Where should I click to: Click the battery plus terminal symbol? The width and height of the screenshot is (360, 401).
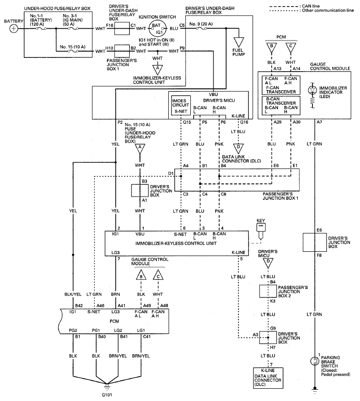point(14,28)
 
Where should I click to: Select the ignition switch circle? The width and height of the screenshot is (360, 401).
point(158,28)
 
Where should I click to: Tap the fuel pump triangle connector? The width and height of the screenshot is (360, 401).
point(238,42)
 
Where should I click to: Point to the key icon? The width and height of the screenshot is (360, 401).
point(261,231)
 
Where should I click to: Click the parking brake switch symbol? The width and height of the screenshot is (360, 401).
point(314,361)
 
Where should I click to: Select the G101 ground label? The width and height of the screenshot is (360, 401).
point(107,394)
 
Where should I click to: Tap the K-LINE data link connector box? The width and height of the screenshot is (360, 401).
point(268,378)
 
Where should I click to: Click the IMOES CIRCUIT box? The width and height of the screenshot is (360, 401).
point(181,106)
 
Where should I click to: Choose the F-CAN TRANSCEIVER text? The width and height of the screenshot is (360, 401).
point(281,89)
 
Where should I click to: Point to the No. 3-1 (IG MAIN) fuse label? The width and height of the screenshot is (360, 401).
point(73,20)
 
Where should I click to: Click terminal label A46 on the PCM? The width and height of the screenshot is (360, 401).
point(100,305)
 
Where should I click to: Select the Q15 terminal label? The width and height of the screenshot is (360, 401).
point(187,122)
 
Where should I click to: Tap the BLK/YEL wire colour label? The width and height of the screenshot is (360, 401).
point(73,294)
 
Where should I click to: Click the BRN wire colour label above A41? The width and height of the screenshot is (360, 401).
point(115,294)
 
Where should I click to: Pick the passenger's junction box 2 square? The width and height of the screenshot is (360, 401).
point(268,291)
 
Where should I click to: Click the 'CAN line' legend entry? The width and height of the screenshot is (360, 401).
point(295,6)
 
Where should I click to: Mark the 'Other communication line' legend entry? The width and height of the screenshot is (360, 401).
point(311,10)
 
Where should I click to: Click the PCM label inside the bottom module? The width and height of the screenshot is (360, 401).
point(114,321)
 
